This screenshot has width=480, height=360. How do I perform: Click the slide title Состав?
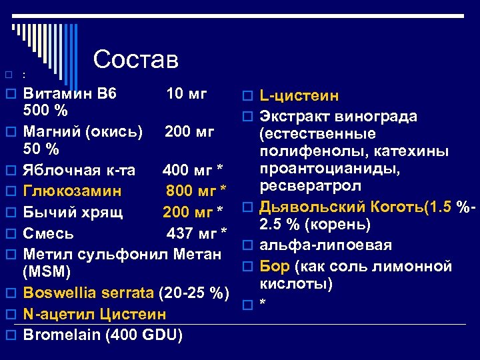(x=136, y=59)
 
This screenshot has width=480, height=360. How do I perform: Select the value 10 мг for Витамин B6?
(x=187, y=93)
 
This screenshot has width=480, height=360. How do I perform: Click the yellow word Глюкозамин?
(x=72, y=191)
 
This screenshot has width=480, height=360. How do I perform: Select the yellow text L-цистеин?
(x=299, y=97)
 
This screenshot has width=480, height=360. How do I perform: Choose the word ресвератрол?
(x=311, y=185)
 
